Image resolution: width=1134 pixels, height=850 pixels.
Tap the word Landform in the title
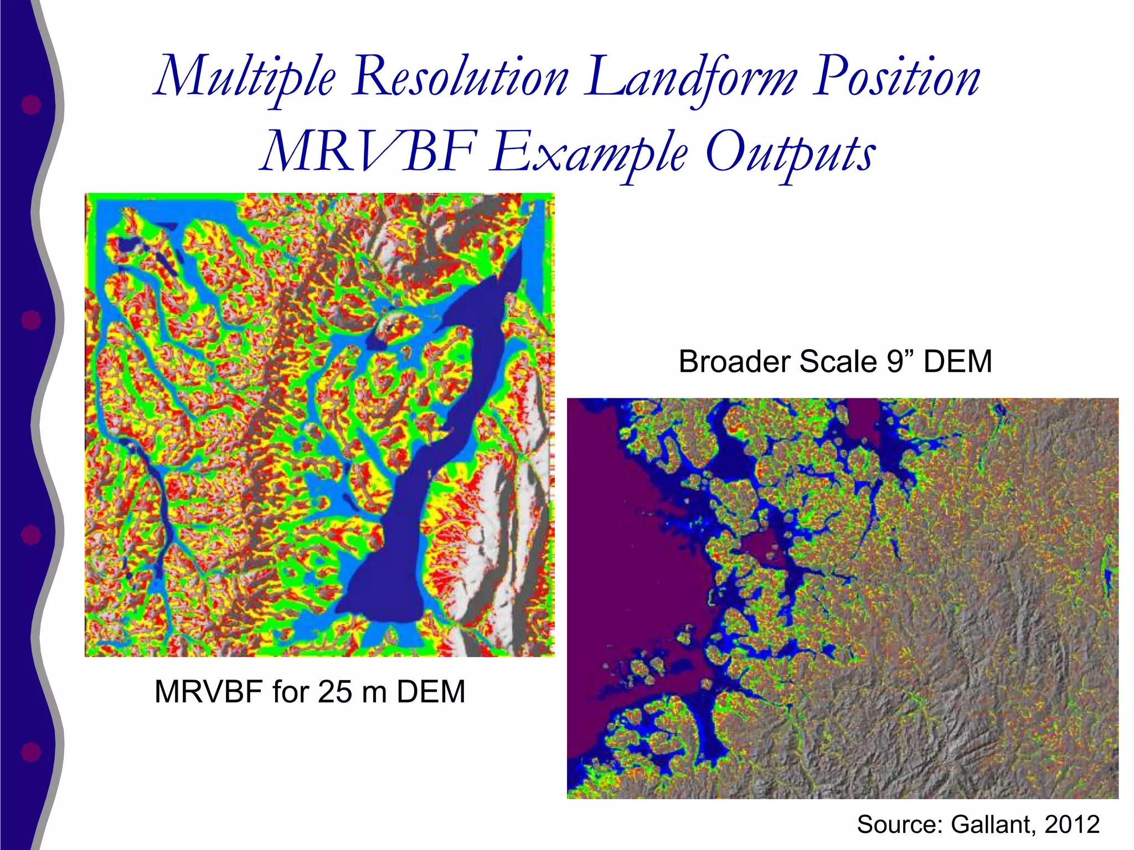(692, 77)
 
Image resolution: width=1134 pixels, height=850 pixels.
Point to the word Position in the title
(897, 77)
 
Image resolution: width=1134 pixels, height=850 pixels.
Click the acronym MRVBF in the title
(368, 152)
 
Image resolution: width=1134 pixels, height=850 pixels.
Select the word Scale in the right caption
(839, 362)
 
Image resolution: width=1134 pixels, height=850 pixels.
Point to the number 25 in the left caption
(335, 692)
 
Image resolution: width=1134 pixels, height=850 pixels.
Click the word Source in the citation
(899, 825)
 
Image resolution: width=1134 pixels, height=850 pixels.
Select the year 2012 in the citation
(1072, 825)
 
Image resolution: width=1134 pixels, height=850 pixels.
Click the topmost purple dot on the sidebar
(31, 105)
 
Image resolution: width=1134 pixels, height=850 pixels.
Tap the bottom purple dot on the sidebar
(31, 753)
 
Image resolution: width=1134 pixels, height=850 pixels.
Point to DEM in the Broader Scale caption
(958, 362)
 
